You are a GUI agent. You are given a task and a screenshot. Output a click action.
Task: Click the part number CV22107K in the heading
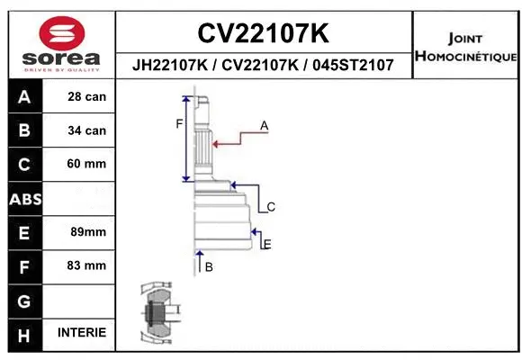click(x=263, y=33)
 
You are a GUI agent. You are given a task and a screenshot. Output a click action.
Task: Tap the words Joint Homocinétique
click(x=465, y=48)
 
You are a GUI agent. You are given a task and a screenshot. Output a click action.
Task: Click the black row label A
click(x=24, y=97)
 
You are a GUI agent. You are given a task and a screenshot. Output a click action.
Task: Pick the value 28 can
click(x=87, y=97)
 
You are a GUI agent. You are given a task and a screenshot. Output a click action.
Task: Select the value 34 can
click(x=87, y=130)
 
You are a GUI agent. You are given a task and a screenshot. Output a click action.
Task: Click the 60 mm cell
click(x=87, y=164)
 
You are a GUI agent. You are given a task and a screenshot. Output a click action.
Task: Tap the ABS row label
click(x=24, y=198)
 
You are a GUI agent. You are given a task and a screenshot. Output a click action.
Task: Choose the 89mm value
click(x=87, y=232)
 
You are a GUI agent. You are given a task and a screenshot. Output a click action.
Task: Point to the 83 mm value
click(x=87, y=265)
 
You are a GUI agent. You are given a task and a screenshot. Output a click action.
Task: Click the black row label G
click(x=24, y=300)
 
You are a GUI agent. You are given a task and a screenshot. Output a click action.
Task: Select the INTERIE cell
click(x=82, y=333)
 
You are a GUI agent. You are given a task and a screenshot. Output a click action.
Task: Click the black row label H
click(x=24, y=333)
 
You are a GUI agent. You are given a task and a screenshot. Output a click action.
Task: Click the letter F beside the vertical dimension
click(x=179, y=123)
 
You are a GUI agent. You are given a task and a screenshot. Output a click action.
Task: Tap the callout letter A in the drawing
click(x=265, y=126)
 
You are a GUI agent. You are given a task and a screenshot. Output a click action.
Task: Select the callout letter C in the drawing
click(x=270, y=207)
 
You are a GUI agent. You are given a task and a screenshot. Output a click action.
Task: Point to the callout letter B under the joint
click(x=209, y=267)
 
